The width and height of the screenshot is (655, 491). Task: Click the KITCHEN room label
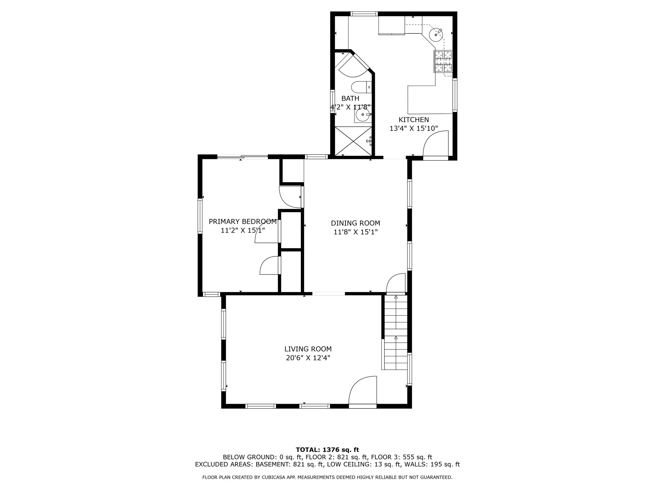click(414, 120)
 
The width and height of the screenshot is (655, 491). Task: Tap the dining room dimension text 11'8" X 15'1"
click(356, 232)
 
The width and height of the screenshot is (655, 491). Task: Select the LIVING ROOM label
click(308, 349)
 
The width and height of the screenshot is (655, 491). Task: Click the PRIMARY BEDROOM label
click(242, 222)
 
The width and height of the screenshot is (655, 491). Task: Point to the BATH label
click(350, 98)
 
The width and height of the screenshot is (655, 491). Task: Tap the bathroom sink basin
click(363, 114)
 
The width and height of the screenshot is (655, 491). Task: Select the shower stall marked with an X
click(353, 141)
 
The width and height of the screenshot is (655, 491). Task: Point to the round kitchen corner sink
click(436, 35)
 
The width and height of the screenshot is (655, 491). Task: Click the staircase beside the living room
click(396, 332)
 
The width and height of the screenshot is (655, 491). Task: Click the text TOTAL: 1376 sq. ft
click(327, 450)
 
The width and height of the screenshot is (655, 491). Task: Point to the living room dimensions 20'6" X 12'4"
click(308, 358)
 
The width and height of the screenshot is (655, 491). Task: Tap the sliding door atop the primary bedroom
click(242, 157)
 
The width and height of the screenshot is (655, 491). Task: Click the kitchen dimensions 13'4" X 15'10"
click(414, 129)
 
